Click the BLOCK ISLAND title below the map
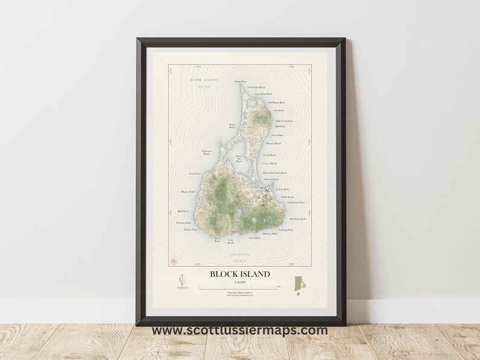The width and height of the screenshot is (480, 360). click(239, 274)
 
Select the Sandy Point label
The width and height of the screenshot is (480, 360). click(240, 81)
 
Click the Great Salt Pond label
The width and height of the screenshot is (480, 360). click(239, 159)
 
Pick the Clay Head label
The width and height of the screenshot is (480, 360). click(279, 111)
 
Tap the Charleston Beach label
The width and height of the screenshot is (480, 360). click(206, 152)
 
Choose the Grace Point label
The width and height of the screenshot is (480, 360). click(195, 174)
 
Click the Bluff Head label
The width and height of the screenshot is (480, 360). click(183, 211)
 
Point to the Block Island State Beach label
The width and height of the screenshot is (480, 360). click(274, 173)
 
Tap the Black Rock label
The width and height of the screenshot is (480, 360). click(217, 239)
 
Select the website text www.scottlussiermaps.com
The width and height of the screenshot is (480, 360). click(239, 330)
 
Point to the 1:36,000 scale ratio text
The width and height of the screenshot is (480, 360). click(239, 281)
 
